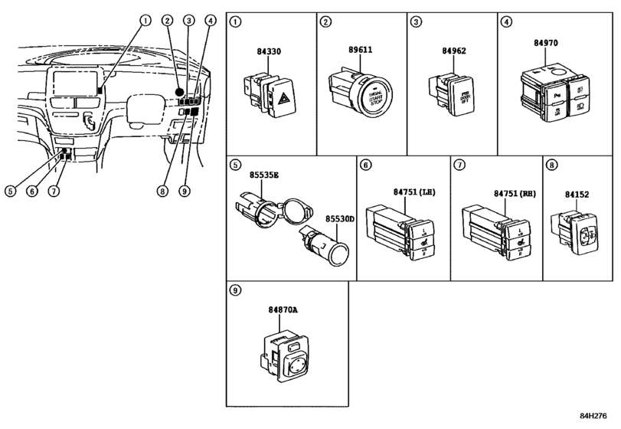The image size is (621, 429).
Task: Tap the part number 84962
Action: [453, 53]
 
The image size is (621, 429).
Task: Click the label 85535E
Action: [264, 175]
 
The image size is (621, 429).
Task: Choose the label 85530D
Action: [338, 218]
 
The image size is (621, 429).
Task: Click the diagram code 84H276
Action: [600, 416]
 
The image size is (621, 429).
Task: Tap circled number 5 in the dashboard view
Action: [9, 191]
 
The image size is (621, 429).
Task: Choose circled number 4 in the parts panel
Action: [506, 22]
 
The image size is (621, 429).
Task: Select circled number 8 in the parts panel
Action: [551, 165]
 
